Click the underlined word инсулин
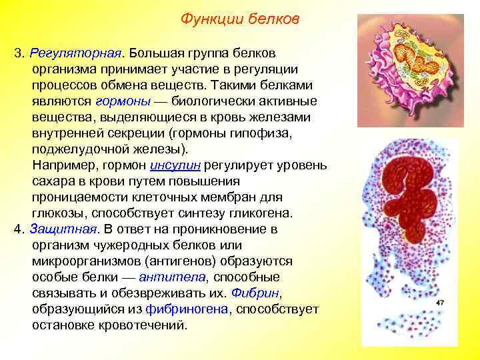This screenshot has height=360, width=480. click(176, 165)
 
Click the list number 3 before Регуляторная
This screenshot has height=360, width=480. click(17, 53)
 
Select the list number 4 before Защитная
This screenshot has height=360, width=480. click(17, 229)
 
